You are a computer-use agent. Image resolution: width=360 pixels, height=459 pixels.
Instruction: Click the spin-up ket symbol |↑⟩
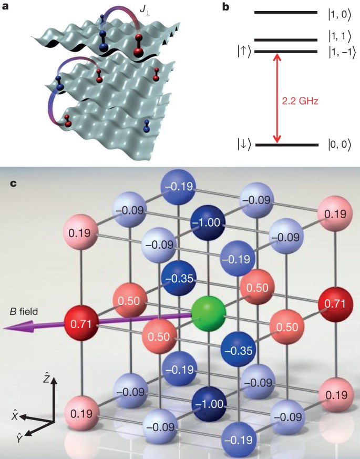point(245,52)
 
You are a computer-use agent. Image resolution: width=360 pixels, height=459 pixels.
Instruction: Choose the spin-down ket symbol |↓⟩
point(245,144)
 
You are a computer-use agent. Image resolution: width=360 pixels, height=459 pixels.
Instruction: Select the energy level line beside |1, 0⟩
point(286,12)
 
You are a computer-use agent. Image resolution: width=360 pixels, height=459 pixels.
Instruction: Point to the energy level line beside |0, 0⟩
point(286,144)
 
